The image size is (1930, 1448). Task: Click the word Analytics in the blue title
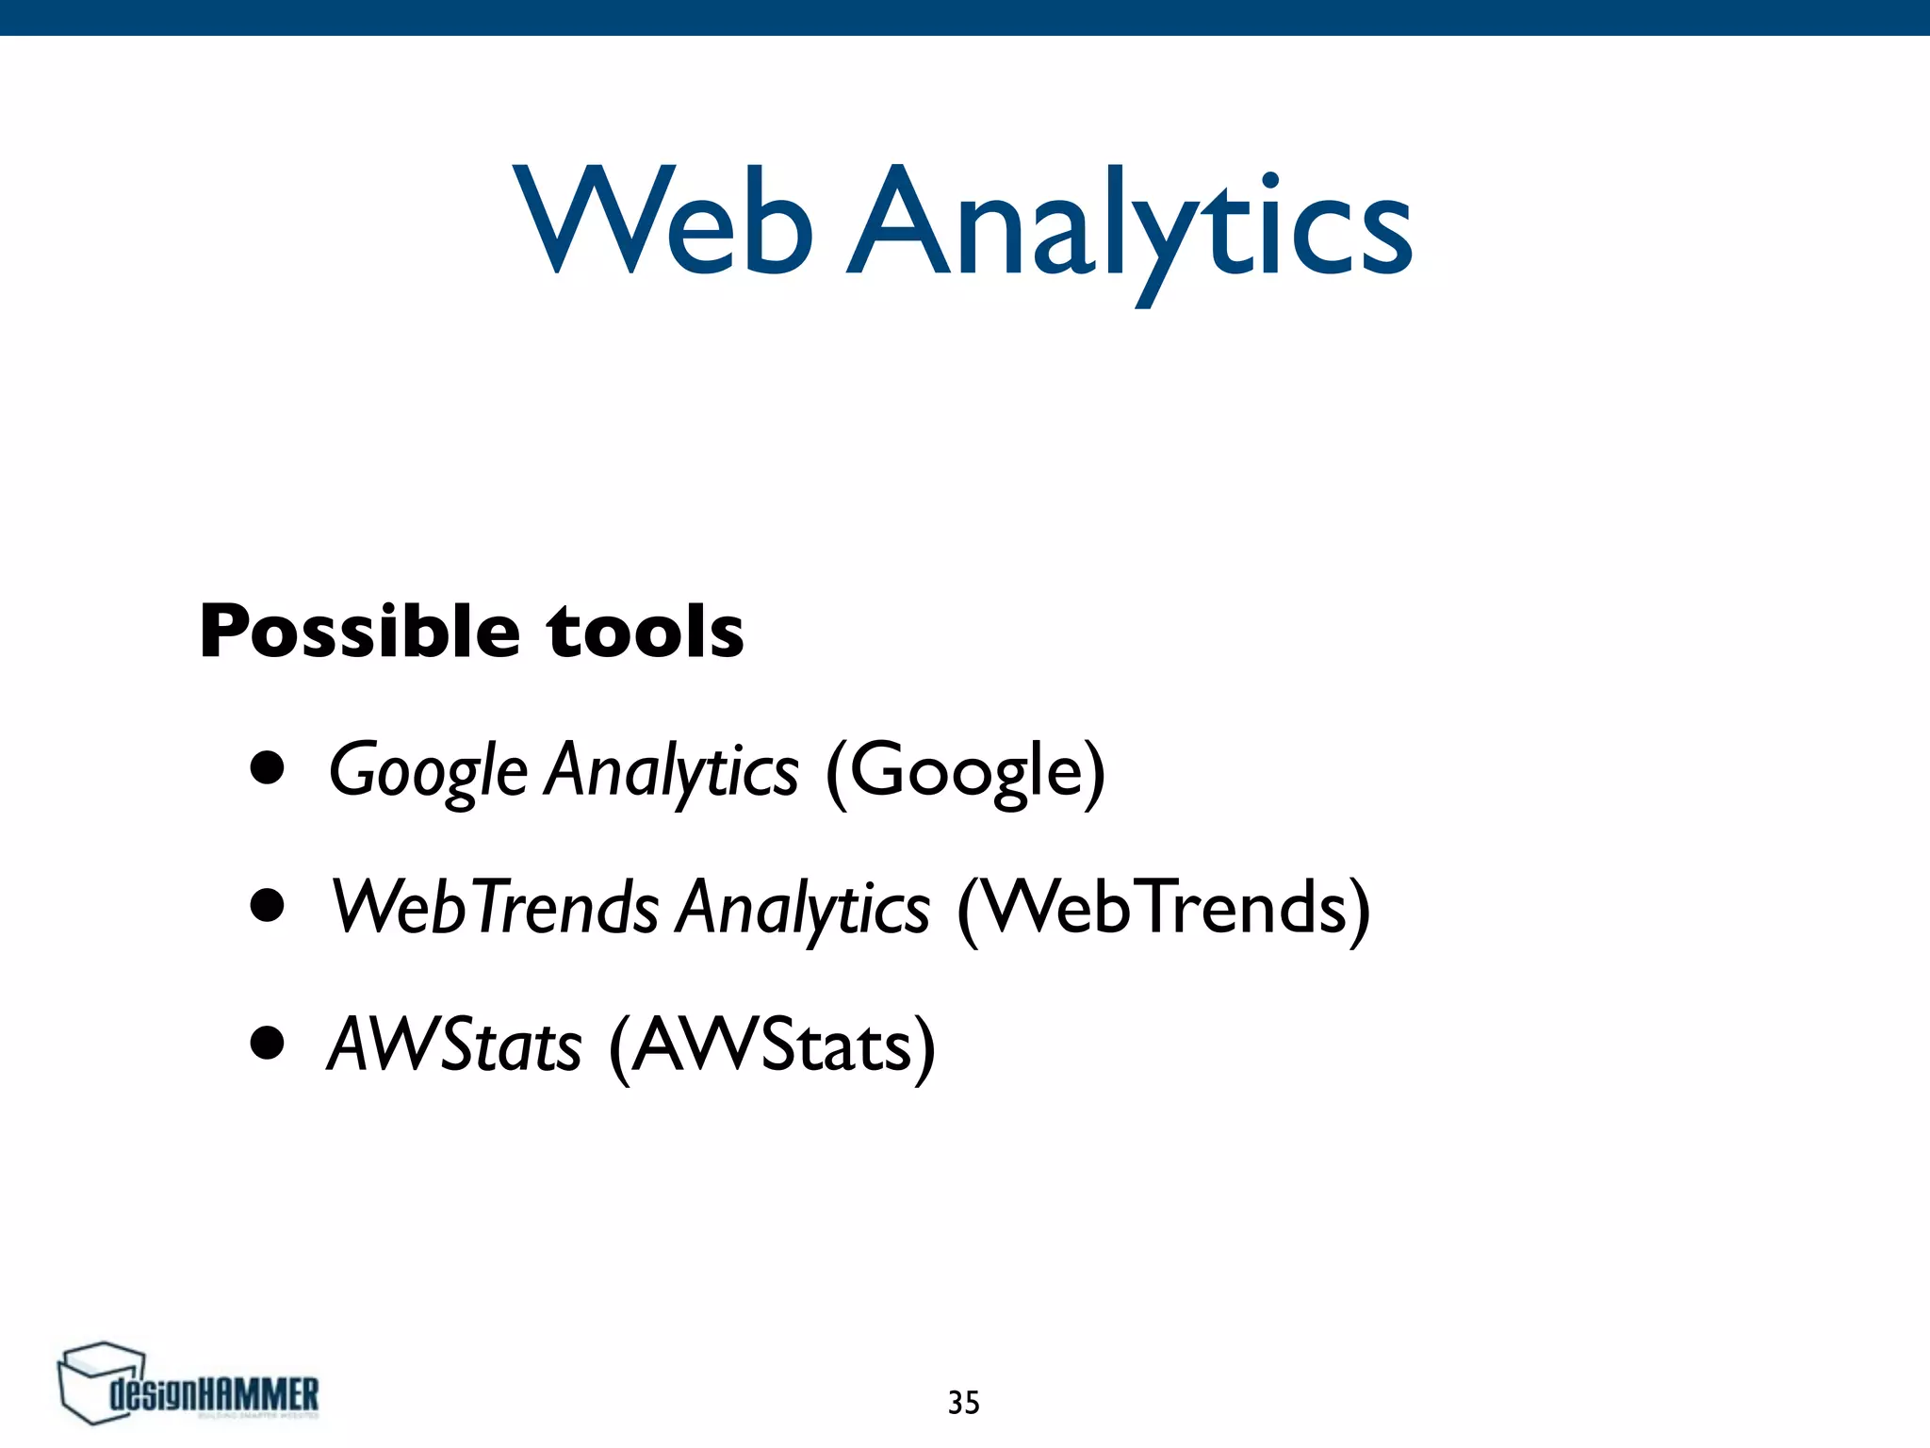point(1129,226)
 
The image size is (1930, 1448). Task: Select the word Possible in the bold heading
point(359,631)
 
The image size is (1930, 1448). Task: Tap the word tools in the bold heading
point(646,631)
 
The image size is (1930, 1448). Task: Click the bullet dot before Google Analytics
point(268,767)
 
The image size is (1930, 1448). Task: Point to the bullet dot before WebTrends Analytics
point(268,905)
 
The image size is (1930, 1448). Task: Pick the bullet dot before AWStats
point(268,1043)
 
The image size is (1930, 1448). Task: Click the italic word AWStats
point(454,1045)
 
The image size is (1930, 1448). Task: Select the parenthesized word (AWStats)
point(772,1045)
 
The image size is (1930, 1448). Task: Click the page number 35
point(963,1403)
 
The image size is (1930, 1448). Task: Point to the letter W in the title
point(582,219)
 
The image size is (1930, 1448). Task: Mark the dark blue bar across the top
point(965,17)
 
